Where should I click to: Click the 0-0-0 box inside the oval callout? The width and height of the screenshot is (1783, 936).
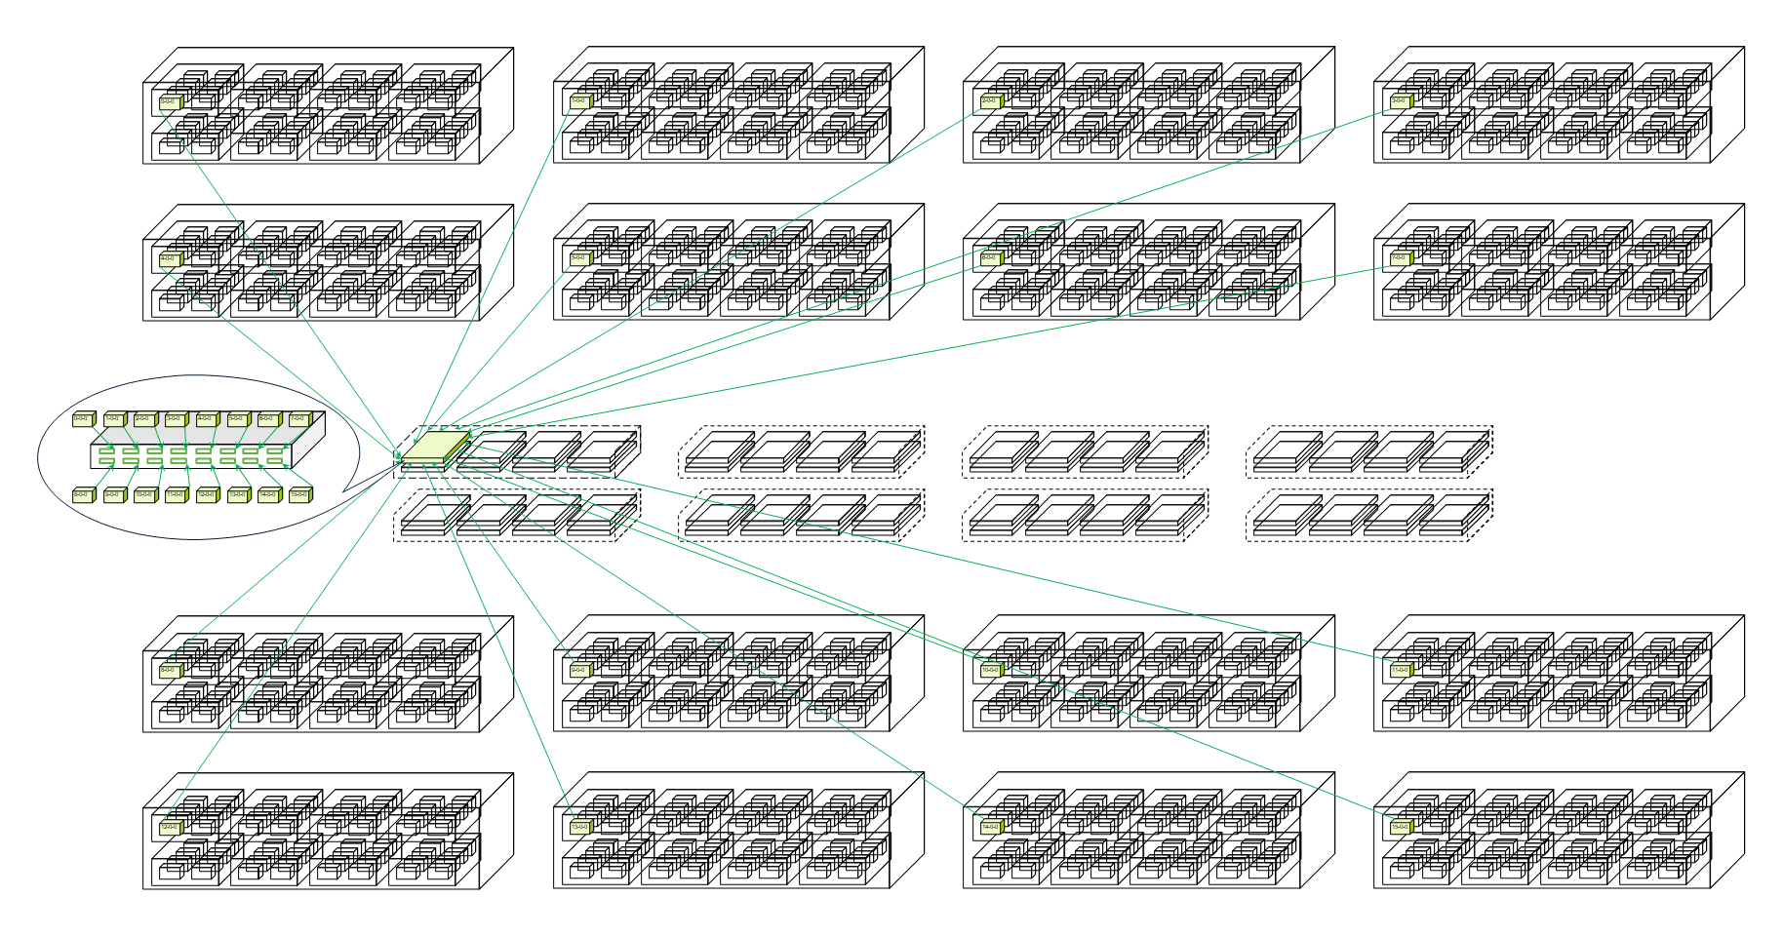tap(83, 419)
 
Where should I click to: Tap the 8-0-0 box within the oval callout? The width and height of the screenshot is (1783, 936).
tap(83, 495)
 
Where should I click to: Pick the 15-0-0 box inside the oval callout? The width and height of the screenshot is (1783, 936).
tap(299, 495)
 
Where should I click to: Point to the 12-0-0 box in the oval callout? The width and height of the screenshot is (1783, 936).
tap(207, 495)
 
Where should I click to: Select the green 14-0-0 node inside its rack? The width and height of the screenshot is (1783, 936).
tap(990, 828)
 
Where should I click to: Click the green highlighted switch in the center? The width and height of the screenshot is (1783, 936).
tap(435, 448)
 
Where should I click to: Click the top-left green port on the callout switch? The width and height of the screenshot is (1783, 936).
tap(106, 450)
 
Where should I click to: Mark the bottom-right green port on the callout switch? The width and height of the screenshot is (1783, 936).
tap(276, 460)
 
